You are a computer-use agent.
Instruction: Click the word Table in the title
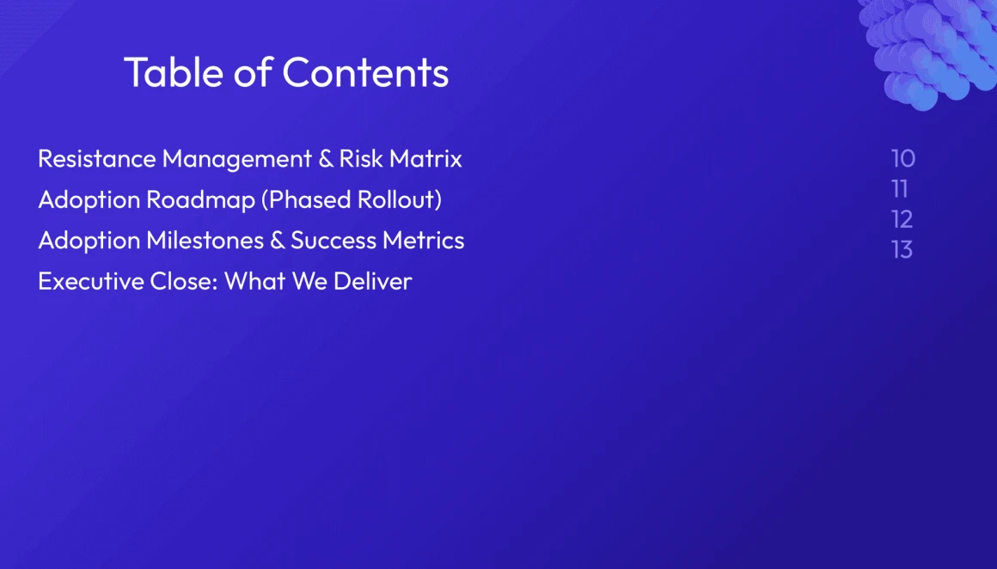tap(174, 72)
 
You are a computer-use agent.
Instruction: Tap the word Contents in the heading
tap(365, 72)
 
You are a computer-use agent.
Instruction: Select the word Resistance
tap(96, 158)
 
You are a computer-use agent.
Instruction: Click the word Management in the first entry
tap(237, 159)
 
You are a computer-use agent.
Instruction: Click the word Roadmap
tap(200, 199)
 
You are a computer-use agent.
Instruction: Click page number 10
tap(903, 158)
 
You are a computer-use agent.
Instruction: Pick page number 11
tap(900, 189)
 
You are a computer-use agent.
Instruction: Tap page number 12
tap(902, 219)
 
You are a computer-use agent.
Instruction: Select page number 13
tap(902, 250)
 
